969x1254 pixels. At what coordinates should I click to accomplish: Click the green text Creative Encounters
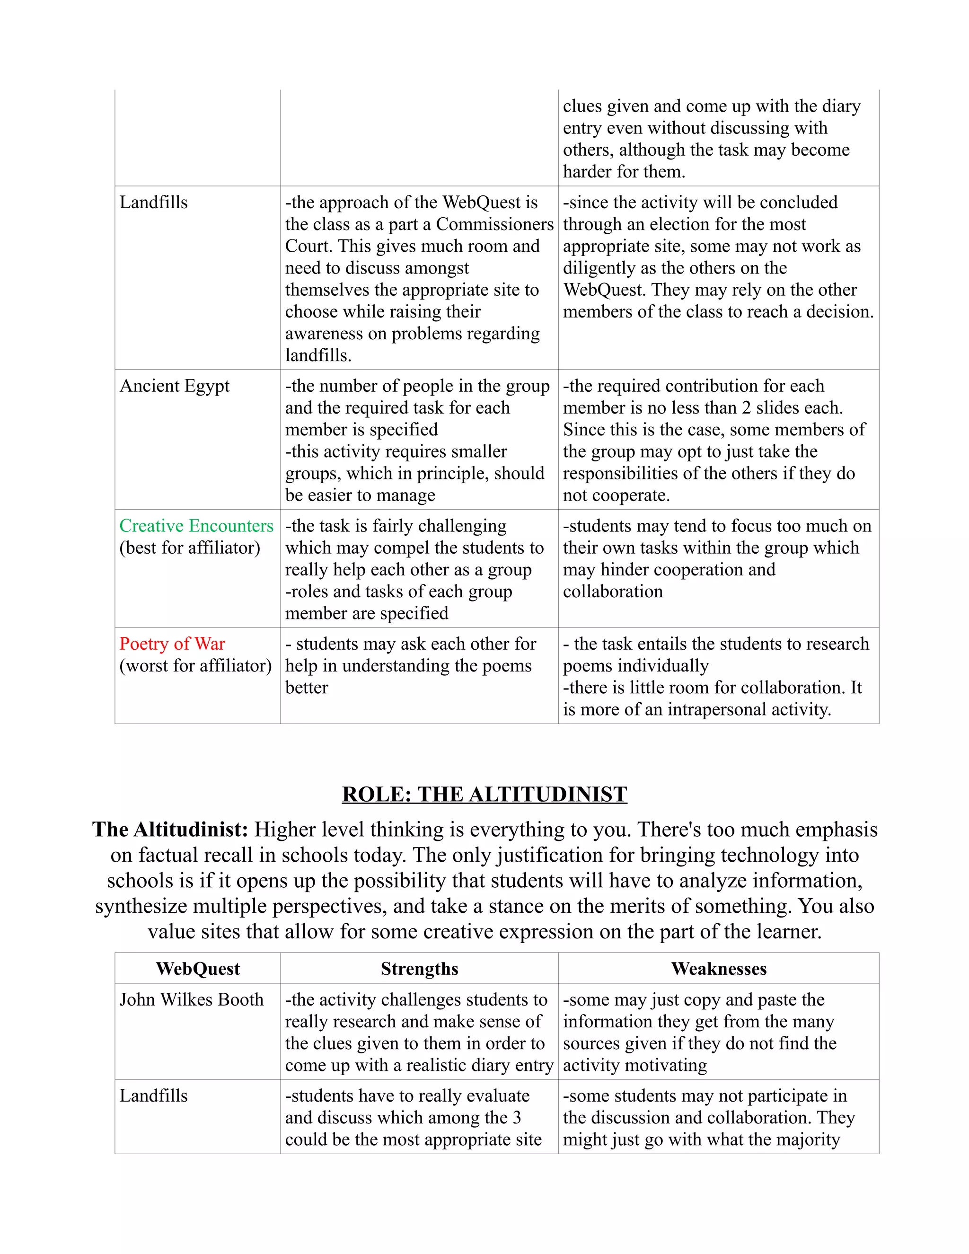(x=196, y=526)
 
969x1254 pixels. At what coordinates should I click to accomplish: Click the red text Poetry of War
(x=172, y=644)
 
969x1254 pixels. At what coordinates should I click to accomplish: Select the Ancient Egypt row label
(x=174, y=386)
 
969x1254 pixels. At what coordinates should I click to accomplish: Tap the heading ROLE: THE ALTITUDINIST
(x=484, y=794)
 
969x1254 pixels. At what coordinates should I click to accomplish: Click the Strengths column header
(x=419, y=969)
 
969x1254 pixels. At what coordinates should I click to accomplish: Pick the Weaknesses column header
(x=718, y=969)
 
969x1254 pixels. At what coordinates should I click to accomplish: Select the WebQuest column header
(x=197, y=969)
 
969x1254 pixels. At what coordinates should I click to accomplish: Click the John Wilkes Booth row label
(x=191, y=999)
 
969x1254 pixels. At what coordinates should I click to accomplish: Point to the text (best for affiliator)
(x=189, y=548)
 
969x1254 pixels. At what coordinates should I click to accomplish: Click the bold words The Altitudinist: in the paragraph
(x=170, y=830)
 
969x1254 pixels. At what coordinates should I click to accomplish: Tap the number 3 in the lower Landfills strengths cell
(x=517, y=1118)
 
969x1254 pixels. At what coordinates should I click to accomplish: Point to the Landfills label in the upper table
(x=153, y=203)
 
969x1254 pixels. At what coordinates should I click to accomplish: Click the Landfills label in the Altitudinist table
(x=153, y=1096)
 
